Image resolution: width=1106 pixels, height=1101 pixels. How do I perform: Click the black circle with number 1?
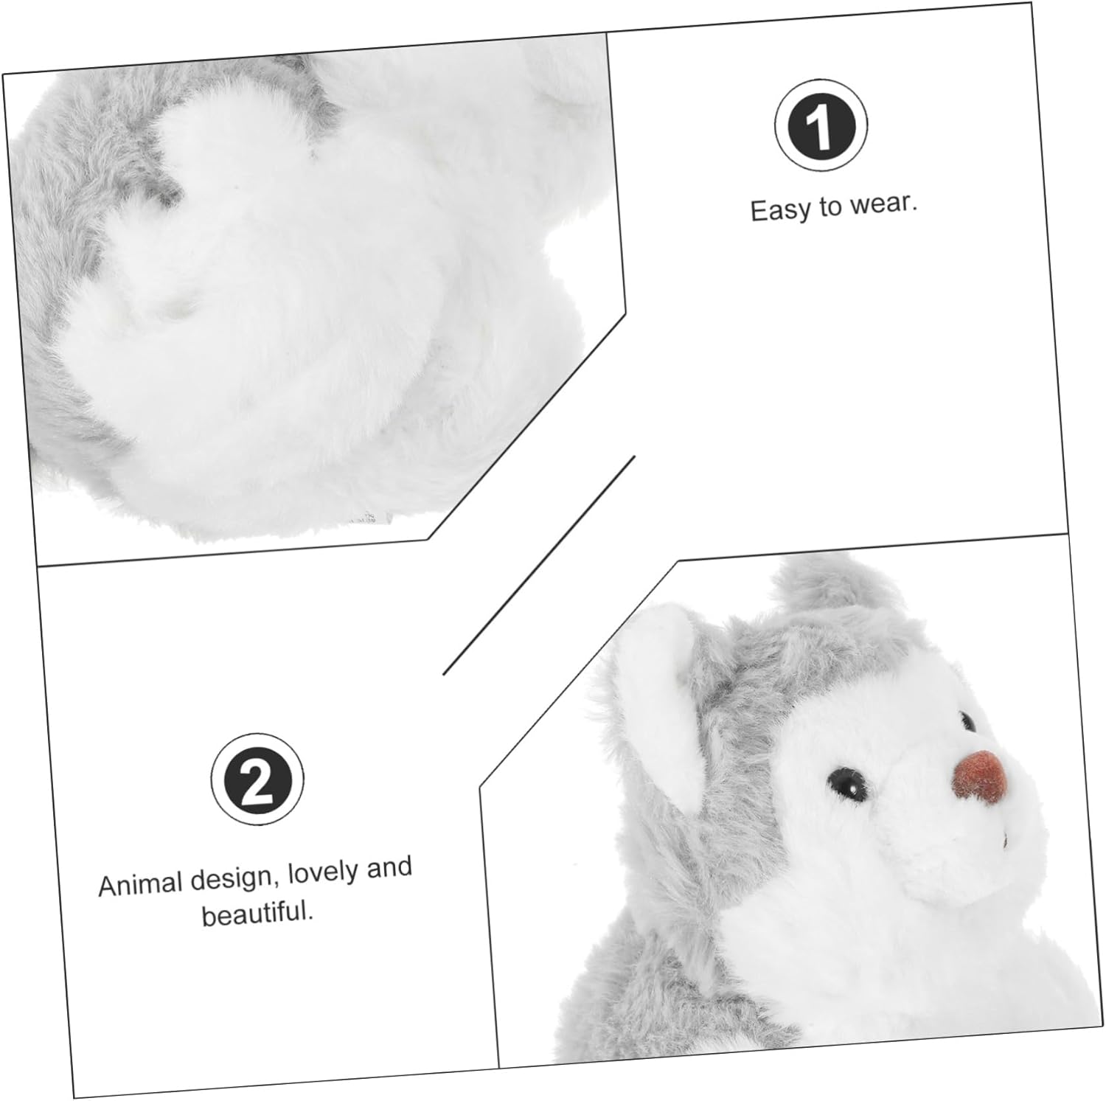821,125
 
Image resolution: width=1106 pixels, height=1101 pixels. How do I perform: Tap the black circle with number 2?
257,779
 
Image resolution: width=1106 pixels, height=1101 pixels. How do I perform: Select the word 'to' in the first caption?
829,207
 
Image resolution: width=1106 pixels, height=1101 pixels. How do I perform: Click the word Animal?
140,883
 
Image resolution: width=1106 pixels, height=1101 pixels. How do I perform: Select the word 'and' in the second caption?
389,869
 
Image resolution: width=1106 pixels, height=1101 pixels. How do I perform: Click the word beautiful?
258,914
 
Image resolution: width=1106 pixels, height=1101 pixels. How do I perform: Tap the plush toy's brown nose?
979,776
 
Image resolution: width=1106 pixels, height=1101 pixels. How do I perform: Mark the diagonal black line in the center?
539,565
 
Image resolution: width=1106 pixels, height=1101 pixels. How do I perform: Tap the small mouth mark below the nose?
1004,838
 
